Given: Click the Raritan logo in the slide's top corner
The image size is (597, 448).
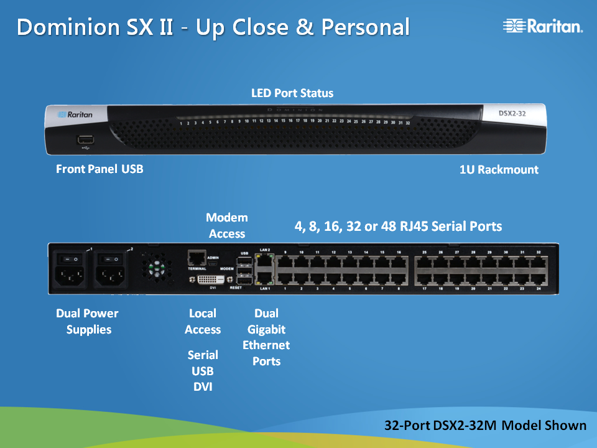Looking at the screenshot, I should tap(542, 26).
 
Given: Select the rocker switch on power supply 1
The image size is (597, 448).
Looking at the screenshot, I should tap(72, 256).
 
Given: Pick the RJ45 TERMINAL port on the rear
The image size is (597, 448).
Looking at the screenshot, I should tap(197, 256).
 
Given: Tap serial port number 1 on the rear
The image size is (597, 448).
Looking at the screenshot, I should tap(285, 278).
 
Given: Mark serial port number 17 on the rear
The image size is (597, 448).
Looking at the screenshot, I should tap(425, 278).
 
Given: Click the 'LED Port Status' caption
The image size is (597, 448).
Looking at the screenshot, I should tap(292, 93).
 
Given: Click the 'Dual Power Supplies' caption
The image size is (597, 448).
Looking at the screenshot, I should tap(87, 321).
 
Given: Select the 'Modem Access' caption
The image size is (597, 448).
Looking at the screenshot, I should tap(227, 225).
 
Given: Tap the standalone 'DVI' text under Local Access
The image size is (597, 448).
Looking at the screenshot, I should tap(203, 387).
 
